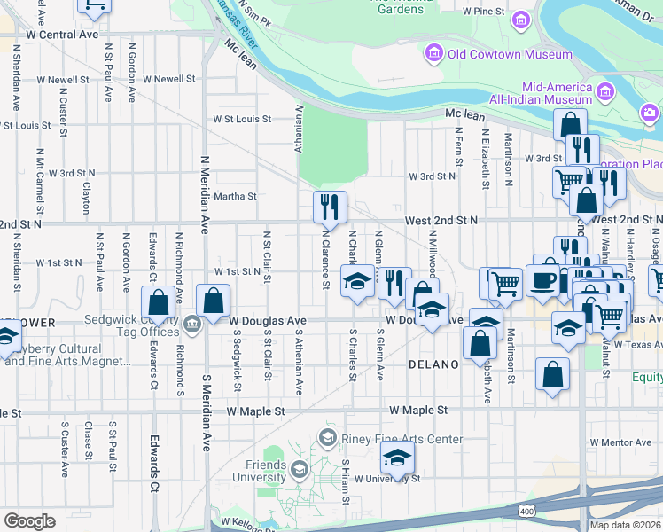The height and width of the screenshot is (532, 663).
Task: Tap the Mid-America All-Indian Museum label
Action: pyautogui.click(x=558, y=94)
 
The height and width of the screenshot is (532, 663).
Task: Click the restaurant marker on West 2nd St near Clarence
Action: pyautogui.click(x=330, y=207)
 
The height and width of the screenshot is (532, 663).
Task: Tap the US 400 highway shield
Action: pyautogui.click(x=527, y=512)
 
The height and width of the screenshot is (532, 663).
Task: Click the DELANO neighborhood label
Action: pyautogui.click(x=433, y=364)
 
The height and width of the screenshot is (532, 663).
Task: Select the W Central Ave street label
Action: pyautogui.click(x=62, y=34)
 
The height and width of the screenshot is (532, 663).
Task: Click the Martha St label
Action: pyautogui.click(x=235, y=196)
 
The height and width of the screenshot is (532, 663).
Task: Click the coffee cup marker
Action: pyautogui.click(x=542, y=280)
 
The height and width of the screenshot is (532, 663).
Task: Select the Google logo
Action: pyautogui.click(x=29, y=520)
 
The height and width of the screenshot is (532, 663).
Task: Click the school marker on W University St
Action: pyautogui.click(x=398, y=458)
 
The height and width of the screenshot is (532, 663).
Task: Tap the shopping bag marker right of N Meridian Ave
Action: pyautogui.click(x=214, y=301)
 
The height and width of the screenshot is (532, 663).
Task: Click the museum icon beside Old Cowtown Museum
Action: pyautogui.click(x=434, y=53)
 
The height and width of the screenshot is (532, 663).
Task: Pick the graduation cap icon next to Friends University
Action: pyautogui.click(x=299, y=468)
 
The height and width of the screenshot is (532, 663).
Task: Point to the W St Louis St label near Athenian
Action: pyautogui.click(x=241, y=119)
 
